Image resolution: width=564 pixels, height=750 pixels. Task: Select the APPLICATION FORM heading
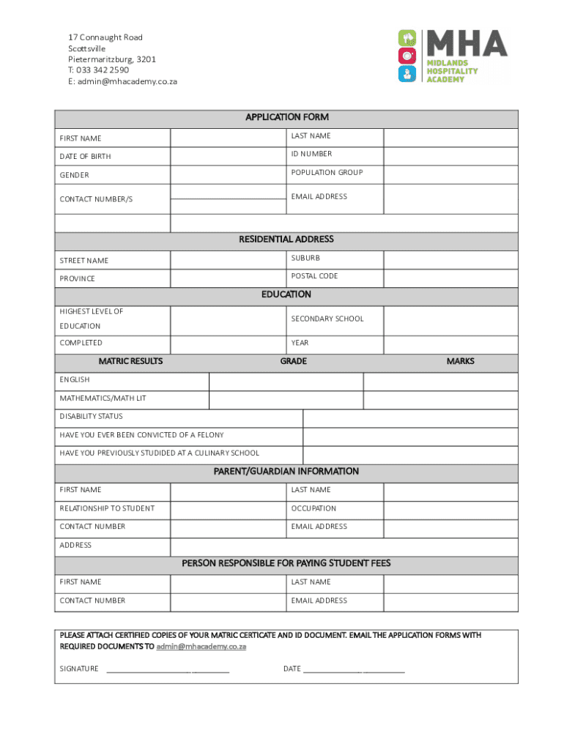pyautogui.click(x=286, y=117)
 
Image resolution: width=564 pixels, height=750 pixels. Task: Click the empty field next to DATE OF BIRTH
pyautogui.click(x=228, y=156)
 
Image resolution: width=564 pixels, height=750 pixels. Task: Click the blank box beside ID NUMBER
pyautogui.click(x=450, y=156)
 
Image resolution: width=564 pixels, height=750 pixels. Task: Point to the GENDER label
pyautogui.click(x=74, y=175)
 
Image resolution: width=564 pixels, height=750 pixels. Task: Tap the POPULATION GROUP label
pyautogui.click(x=327, y=173)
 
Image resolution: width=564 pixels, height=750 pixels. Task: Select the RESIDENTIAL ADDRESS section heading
pyautogui.click(x=286, y=240)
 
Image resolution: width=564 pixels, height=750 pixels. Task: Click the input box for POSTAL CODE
pyautogui.click(x=450, y=278)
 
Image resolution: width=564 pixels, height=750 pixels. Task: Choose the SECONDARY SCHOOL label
pyautogui.click(x=327, y=319)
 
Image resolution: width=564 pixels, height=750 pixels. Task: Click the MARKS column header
pyautogui.click(x=460, y=361)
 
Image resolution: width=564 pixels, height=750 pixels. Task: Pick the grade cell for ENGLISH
pyautogui.click(x=286, y=382)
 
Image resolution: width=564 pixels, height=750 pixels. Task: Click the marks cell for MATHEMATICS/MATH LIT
pyautogui.click(x=440, y=400)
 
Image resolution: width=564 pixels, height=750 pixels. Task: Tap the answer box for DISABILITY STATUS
pyautogui.click(x=410, y=418)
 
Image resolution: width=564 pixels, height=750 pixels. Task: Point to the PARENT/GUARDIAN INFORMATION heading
pyautogui.click(x=286, y=472)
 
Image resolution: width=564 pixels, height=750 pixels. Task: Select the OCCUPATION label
pyautogui.click(x=313, y=508)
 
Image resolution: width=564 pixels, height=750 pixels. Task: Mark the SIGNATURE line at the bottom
pyautogui.click(x=168, y=669)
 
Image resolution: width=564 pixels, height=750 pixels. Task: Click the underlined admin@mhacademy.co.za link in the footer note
pyautogui.click(x=201, y=647)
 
